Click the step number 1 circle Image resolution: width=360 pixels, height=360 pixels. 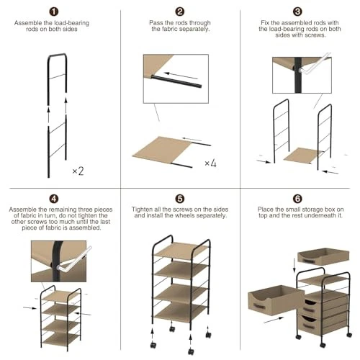[54, 12]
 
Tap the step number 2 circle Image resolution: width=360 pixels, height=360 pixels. [180, 12]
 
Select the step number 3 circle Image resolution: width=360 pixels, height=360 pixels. [297, 12]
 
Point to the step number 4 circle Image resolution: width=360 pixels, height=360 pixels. [54, 199]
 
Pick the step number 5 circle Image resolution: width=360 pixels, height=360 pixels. [180, 199]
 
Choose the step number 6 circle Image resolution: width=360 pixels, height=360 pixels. [297, 199]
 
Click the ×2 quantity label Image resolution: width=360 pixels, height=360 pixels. [78, 171]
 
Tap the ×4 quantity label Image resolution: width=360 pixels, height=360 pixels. [210, 163]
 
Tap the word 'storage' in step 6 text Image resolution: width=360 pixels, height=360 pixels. [311, 210]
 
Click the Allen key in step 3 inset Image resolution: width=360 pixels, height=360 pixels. [315, 63]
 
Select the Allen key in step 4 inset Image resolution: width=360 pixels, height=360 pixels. [73, 259]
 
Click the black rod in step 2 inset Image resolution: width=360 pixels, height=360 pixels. [176, 81]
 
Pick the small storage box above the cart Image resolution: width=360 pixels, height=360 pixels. [323, 256]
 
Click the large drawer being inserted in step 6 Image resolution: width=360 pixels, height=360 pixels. [276, 300]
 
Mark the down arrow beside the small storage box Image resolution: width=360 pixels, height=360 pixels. [294, 266]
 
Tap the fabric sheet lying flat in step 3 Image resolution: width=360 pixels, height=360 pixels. [303, 156]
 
